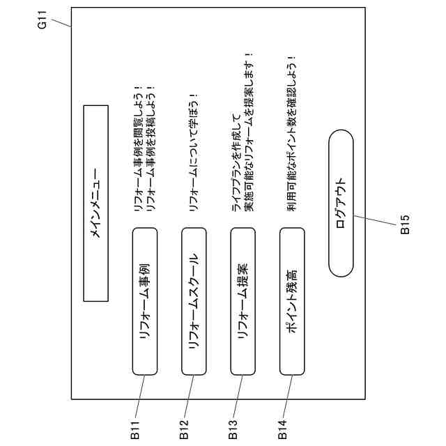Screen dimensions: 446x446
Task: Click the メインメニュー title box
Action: [96, 203]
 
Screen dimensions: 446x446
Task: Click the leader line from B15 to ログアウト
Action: [376, 221]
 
